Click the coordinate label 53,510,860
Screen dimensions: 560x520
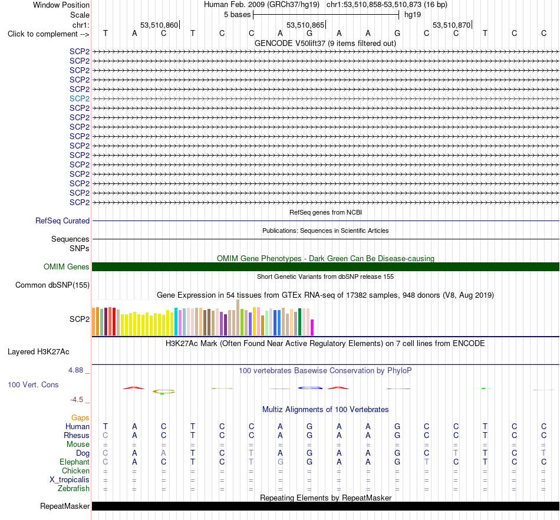tap(159, 25)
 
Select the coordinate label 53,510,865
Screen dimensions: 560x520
tap(305, 25)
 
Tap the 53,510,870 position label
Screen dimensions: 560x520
tap(452, 25)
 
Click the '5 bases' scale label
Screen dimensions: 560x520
tap(237, 15)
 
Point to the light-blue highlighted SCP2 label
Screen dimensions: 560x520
tap(80, 98)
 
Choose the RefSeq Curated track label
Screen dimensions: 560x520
tap(62, 220)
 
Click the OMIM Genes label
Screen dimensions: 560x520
tap(67, 267)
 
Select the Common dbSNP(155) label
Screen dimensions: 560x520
tap(52, 285)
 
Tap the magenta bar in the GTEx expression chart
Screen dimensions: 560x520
tap(312, 327)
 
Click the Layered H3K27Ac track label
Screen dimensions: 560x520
tap(38, 352)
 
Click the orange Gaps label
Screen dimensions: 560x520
tap(80, 417)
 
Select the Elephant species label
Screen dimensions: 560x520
tap(74, 462)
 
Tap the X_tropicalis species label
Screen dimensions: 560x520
tap(70, 480)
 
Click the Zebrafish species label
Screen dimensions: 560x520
tap(74, 488)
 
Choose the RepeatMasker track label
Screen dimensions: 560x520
tap(65, 506)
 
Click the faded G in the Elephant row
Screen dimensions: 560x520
tap(281, 462)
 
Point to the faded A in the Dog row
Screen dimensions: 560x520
tap(163, 453)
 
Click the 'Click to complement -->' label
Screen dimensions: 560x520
tap(48, 34)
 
